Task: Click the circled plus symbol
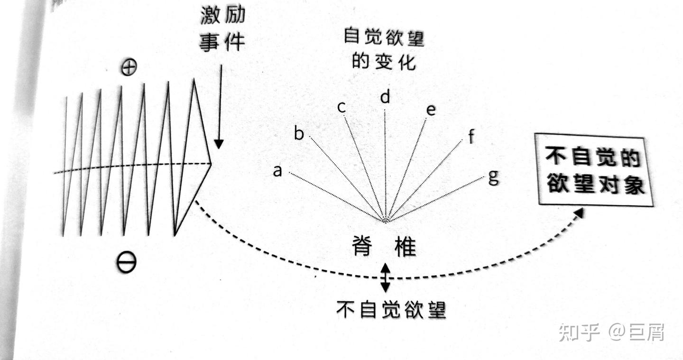pos(128,68)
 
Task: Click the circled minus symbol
pos(126,262)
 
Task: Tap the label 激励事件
pos(222,29)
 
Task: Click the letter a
pos(277,171)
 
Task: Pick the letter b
pos(299,134)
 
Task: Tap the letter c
pos(341,107)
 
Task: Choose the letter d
pos(385,97)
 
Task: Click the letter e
pos(431,110)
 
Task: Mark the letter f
pos(471,137)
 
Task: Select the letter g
pos(493,178)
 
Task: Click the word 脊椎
pos(385,246)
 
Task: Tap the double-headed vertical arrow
pos(386,277)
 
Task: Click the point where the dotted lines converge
pos(385,221)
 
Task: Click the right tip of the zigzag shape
pos(211,164)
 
